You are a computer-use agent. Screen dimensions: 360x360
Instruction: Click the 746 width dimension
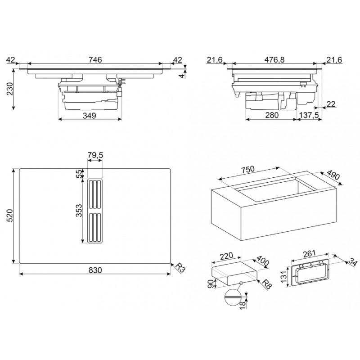click(x=95, y=60)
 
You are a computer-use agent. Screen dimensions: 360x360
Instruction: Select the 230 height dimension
click(x=10, y=89)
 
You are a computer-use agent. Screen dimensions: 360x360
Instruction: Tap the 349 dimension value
click(x=89, y=116)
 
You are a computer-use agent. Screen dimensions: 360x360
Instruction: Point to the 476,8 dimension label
click(x=274, y=60)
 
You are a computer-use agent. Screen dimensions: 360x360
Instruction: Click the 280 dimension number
click(x=272, y=115)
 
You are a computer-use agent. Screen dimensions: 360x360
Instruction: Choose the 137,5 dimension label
click(x=310, y=115)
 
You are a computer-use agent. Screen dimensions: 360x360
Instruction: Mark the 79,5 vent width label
click(x=95, y=155)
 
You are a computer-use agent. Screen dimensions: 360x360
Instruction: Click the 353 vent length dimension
click(x=79, y=210)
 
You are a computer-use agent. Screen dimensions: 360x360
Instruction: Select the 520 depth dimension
click(x=10, y=216)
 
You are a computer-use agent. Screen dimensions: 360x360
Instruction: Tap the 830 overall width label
click(x=95, y=270)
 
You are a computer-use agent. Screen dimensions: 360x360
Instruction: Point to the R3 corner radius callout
click(x=180, y=268)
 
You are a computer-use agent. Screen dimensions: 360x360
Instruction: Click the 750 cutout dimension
click(x=248, y=170)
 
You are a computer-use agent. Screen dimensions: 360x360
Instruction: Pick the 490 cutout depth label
click(x=333, y=175)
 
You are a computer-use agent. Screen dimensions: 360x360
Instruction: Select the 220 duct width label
click(x=226, y=256)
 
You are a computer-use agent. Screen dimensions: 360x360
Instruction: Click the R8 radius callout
click(x=266, y=284)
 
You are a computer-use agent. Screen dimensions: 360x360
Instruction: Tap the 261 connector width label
click(x=309, y=253)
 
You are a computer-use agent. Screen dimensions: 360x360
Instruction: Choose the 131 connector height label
click(x=284, y=276)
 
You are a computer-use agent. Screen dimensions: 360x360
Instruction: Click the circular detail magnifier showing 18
click(x=234, y=297)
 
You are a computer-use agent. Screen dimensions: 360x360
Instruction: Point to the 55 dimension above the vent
click(x=79, y=174)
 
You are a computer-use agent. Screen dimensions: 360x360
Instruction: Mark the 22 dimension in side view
click(x=331, y=104)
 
